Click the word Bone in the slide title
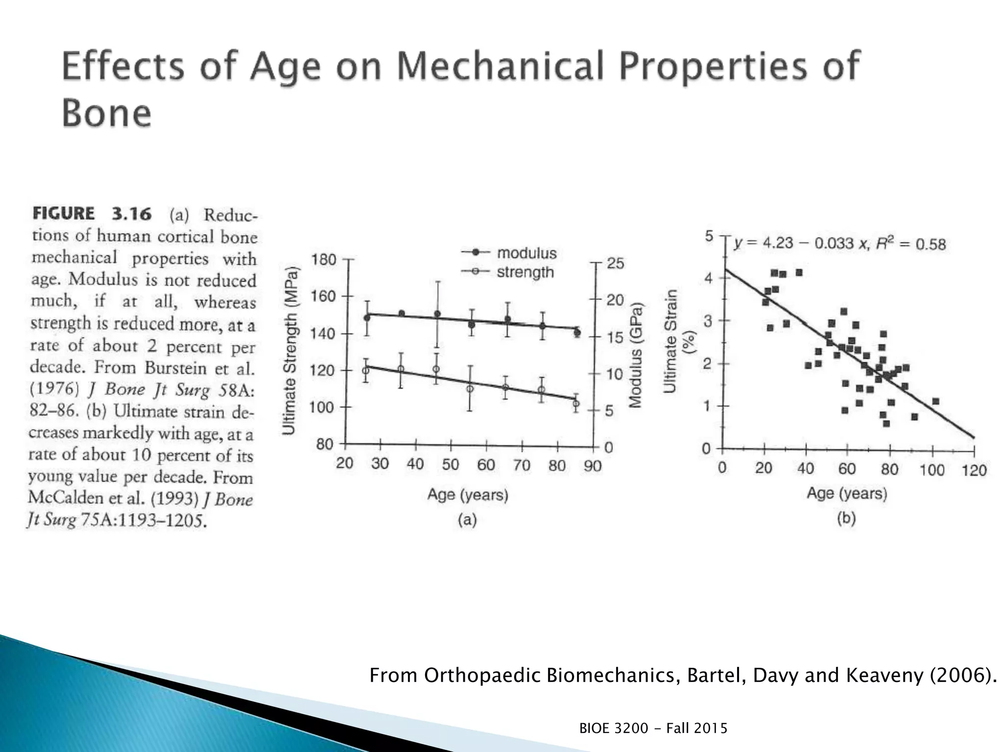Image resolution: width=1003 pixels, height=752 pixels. (106, 114)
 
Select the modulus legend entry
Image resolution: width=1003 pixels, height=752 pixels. (526, 253)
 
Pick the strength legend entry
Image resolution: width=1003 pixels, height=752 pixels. (525, 272)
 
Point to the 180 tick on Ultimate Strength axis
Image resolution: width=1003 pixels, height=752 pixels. (324, 259)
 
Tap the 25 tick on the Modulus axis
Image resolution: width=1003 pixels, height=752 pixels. (616, 263)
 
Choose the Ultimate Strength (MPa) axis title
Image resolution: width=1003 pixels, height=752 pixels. (289, 351)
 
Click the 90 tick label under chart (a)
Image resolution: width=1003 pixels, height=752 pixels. (593, 465)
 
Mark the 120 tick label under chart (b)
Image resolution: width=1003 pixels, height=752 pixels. (974, 470)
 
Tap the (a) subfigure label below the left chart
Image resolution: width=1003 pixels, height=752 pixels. (467, 519)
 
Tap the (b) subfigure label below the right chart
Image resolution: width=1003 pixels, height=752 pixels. (846, 518)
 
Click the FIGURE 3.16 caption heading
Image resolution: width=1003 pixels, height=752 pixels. (92, 214)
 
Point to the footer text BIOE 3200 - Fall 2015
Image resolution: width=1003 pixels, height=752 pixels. (653, 728)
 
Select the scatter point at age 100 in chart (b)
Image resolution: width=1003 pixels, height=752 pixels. (935, 401)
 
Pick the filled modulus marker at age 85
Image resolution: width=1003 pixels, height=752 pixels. (577, 333)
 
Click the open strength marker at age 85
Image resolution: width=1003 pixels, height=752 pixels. (576, 404)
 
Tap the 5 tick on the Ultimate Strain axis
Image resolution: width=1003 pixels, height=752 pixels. (709, 236)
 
